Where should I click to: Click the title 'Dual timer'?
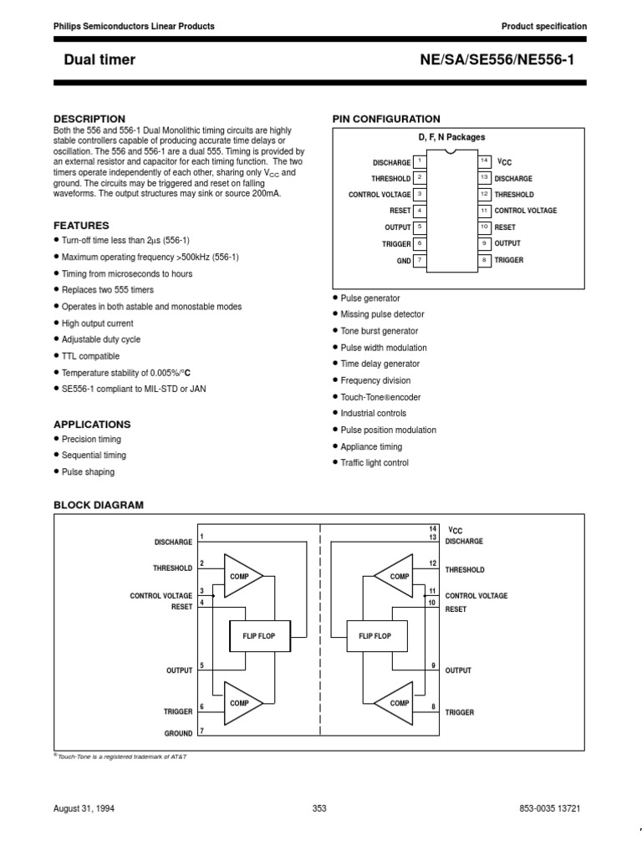[99, 59]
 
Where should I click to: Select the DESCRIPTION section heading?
[89, 119]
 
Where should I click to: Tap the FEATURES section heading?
[81, 226]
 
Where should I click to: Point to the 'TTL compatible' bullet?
[90, 356]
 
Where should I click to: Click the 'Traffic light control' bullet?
[374, 463]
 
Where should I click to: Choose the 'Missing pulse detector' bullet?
[382, 314]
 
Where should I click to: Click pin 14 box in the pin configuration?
[484, 160]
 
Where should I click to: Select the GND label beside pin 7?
[404, 261]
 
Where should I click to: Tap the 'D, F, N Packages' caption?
[451, 137]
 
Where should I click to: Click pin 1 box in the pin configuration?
[420, 161]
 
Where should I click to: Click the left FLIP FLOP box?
[259, 636]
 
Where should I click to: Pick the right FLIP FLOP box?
[374, 636]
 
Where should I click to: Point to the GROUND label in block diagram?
[178, 733]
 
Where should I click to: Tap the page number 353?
[319, 808]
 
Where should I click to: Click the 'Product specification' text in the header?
[543, 27]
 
